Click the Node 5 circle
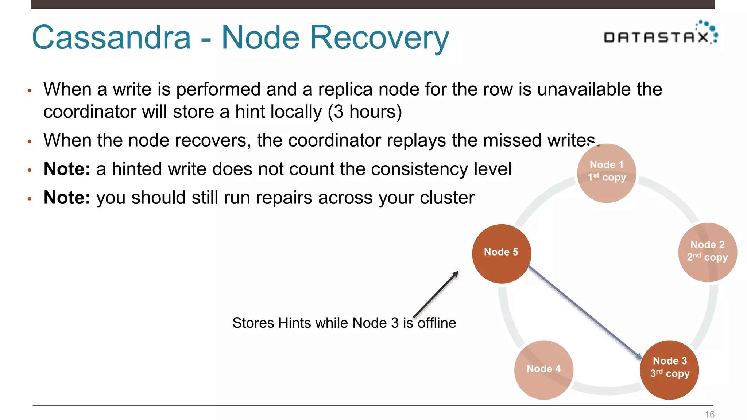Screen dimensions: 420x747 tap(501, 254)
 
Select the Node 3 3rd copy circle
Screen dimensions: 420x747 tap(669, 370)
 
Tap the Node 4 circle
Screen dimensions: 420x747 tap(543, 370)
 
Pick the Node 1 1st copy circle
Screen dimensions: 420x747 tap(607, 173)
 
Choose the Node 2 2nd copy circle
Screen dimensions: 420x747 tap(707, 252)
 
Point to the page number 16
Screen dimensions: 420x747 tap(709, 415)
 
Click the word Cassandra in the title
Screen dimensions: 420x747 tap(111, 38)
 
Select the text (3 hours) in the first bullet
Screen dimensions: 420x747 tap(365, 112)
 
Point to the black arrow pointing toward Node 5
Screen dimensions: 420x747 tap(436, 294)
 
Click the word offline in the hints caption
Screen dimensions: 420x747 tap(437, 323)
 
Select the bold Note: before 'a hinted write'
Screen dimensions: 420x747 tap(67, 169)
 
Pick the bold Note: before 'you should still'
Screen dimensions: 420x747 tap(67, 198)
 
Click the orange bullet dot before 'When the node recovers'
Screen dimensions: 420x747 tap(30, 141)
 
